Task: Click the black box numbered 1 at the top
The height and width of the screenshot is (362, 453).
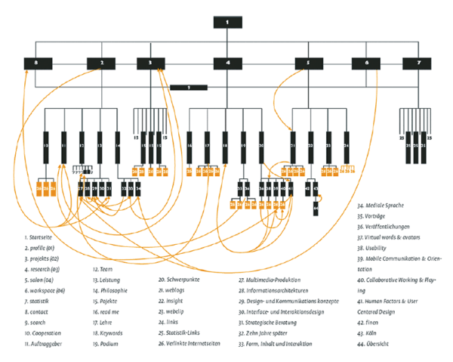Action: pos(226,23)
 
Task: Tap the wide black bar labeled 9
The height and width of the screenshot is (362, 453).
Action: pos(189,88)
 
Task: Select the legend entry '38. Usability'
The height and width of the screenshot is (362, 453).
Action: pos(374,247)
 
